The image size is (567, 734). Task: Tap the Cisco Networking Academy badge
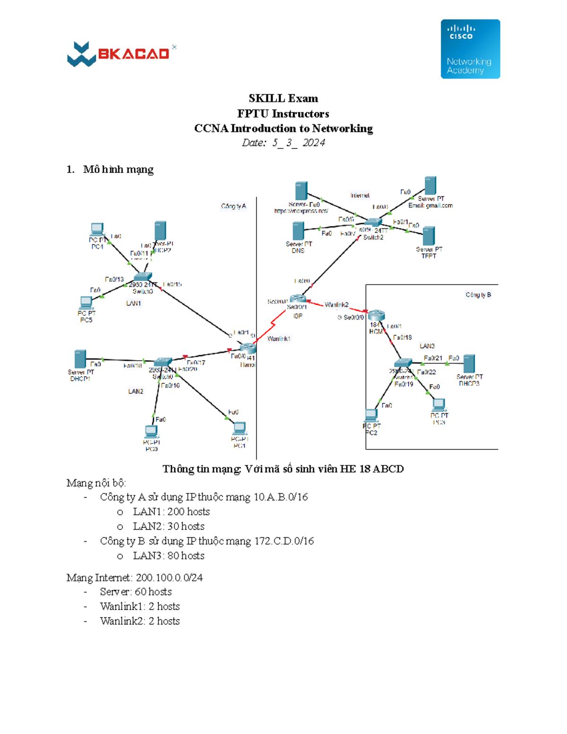(470, 49)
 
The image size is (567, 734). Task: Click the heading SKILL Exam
(283, 98)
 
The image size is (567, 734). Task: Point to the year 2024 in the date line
(314, 143)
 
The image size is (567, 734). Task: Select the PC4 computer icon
(97, 230)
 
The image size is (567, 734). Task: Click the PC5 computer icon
(86, 303)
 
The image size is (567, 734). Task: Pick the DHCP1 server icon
(80, 359)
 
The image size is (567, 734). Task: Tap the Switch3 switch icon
(142, 277)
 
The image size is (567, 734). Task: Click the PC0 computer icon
(151, 432)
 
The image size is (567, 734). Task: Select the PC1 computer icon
(240, 429)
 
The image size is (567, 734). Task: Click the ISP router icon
(298, 299)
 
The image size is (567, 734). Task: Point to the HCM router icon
(377, 315)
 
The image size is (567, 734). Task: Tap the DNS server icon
(298, 231)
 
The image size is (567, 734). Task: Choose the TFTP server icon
(429, 236)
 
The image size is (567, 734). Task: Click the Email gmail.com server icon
(430, 186)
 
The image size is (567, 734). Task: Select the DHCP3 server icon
(469, 364)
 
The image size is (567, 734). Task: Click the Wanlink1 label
(279, 339)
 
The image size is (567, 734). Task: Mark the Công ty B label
(478, 295)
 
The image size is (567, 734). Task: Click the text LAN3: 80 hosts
(168, 556)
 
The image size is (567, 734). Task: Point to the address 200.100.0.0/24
(169, 578)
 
